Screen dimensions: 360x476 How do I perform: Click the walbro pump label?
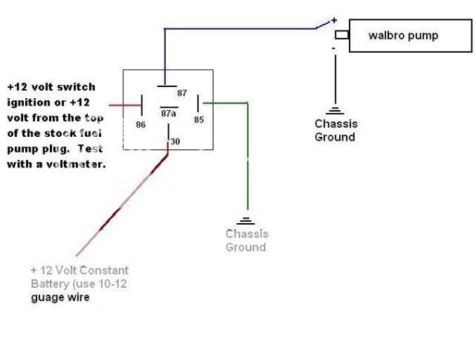(x=403, y=36)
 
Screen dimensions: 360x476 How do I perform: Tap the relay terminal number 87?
(x=182, y=93)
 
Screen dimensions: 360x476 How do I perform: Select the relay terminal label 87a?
(x=169, y=113)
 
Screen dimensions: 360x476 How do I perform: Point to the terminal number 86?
(x=141, y=125)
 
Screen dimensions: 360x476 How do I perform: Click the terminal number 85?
(x=199, y=118)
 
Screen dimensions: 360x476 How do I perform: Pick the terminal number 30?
(x=175, y=141)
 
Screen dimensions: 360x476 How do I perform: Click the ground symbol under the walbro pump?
(x=335, y=109)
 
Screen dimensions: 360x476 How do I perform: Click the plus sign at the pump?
(x=334, y=20)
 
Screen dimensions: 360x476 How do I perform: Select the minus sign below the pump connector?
(x=334, y=48)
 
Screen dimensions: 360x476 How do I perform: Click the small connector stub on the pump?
(x=342, y=36)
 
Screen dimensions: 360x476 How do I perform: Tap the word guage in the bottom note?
(x=46, y=297)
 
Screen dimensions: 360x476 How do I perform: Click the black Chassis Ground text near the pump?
(x=335, y=130)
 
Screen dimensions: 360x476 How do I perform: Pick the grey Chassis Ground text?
(x=247, y=240)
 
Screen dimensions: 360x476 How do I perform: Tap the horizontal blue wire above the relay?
(x=238, y=29)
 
